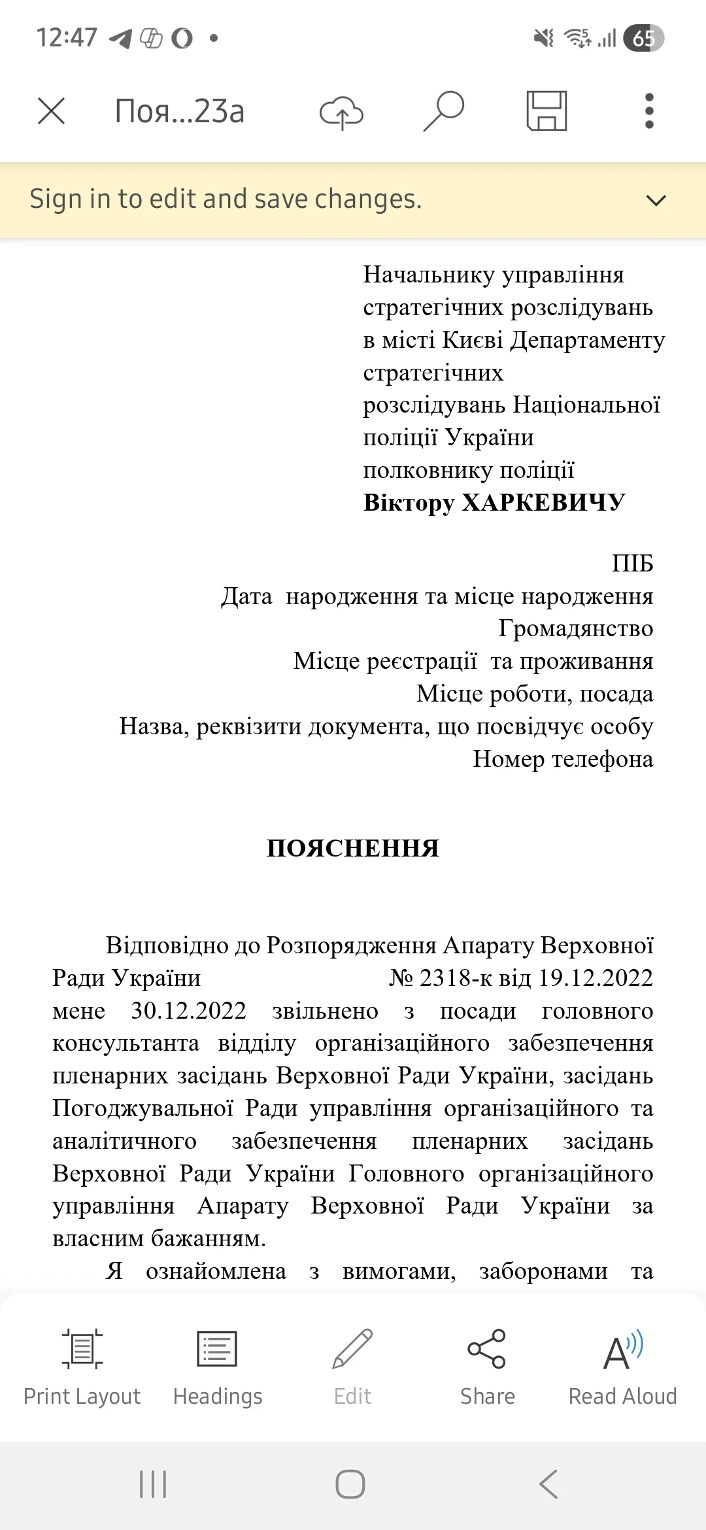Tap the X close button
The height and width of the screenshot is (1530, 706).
pyautogui.click(x=51, y=111)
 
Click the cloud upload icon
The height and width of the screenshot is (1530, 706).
pyautogui.click(x=341, y=112)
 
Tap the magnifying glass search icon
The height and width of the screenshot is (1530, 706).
pyautogui.click(x=444, y=111)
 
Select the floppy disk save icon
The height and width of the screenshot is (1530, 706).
pyautogui.click(x=546, y=111)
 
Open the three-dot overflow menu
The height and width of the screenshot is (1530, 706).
pyautogui.click(x=648, y=111)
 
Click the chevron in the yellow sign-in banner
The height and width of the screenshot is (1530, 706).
pyautogui.click(x=656, y=200)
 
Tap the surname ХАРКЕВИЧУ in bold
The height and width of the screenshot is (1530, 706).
pyautogui.click(x=543, y=503)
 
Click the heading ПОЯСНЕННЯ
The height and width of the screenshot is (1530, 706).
pyautogui.click(x=353, y=849)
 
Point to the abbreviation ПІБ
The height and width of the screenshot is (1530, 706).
pyautogui.click(x=632, y=564)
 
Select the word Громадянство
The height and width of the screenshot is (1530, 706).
pyautogui.click(x=575, y=628)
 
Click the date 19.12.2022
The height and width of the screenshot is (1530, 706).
pyautogui.click(x=596, y=978)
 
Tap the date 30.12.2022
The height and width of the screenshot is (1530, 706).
pyautogui.click(x=188, y=1011)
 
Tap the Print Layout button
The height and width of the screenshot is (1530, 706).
pyautogui.click(x=82, y=1367)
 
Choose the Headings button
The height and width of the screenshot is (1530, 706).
pyautogui.click(x=218, y=1367)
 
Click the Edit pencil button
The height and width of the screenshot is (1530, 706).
pyautogui.click(x=353, y=1367)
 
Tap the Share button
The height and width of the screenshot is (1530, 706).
pyautogui.click(x=488, y=1367)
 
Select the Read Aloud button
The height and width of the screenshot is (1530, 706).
pyautogui.click(x=623, y=1367)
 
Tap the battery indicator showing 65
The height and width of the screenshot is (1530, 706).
pyautogui.click(x=643, y=38)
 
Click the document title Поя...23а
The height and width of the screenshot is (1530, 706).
pyautogui.click(x=180, y=111)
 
